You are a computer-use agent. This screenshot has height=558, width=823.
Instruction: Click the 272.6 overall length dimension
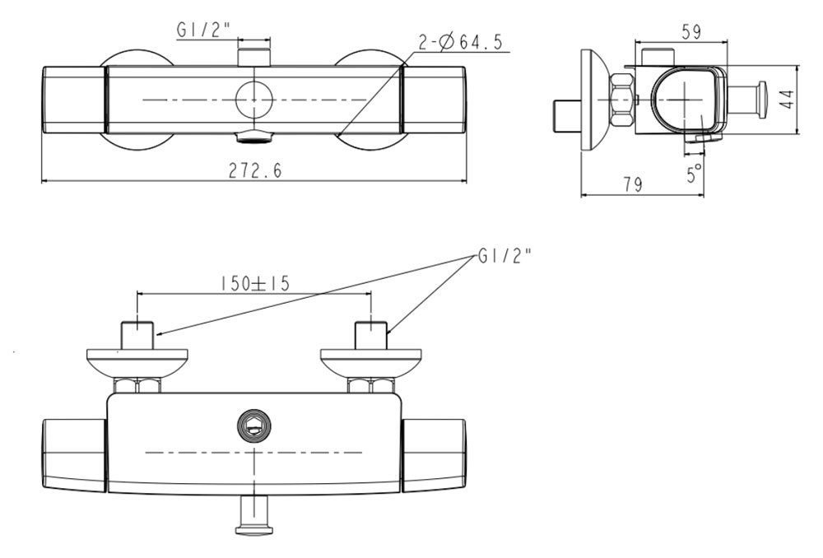(255, 170)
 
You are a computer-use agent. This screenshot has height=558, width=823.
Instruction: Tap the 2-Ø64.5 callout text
(460, 41)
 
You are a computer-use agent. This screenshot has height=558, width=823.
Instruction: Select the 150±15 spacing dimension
(254, 284)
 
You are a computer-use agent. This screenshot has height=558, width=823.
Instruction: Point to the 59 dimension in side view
(690, 32)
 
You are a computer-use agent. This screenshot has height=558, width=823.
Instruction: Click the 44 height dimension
(787, 100)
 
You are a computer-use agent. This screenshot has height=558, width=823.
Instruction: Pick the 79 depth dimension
(632, 184)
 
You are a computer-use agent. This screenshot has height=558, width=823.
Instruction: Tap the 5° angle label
(695, 173)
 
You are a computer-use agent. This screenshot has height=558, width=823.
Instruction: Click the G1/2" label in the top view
(203, 30)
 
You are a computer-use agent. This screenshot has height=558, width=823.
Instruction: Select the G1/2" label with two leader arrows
(504, 256)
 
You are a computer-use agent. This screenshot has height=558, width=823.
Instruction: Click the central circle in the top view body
(254, 100)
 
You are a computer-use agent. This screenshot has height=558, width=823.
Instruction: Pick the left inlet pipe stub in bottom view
(137, 336)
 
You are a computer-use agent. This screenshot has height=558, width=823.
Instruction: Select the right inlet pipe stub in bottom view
(372, 336)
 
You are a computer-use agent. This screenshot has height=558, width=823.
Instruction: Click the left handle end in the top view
(74, 100)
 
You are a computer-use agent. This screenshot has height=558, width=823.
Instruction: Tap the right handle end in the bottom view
(434, 456)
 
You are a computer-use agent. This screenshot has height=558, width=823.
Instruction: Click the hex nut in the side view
(621, 100)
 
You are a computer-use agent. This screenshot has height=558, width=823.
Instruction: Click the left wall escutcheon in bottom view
(137, 363)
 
